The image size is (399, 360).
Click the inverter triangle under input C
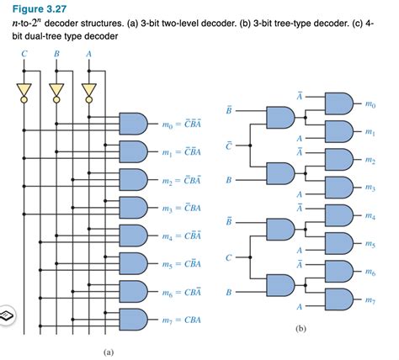pos(24,90)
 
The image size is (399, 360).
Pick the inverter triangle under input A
pos(88,90)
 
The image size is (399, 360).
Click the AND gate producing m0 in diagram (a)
pos(135,124)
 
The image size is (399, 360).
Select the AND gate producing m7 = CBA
pos(135,320)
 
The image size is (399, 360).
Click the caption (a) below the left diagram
pos(108,352)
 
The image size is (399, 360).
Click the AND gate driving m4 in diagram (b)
pos(336,214)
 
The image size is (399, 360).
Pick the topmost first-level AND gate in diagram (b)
pos(279,118)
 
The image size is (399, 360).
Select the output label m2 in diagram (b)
pos(371,159)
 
